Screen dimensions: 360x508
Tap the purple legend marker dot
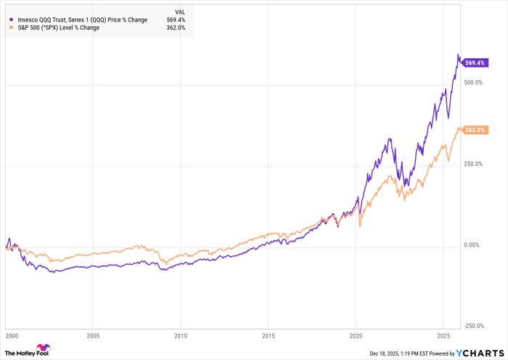11,20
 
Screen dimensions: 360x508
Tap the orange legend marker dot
11,28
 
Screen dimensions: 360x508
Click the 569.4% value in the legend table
176,20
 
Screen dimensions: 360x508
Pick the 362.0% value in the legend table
176,28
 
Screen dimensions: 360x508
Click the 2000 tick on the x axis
10,336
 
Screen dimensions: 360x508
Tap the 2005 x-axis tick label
92,336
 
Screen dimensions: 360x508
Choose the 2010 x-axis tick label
180,336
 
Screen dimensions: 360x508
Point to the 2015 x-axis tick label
268,336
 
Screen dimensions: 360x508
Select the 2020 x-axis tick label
356,336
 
